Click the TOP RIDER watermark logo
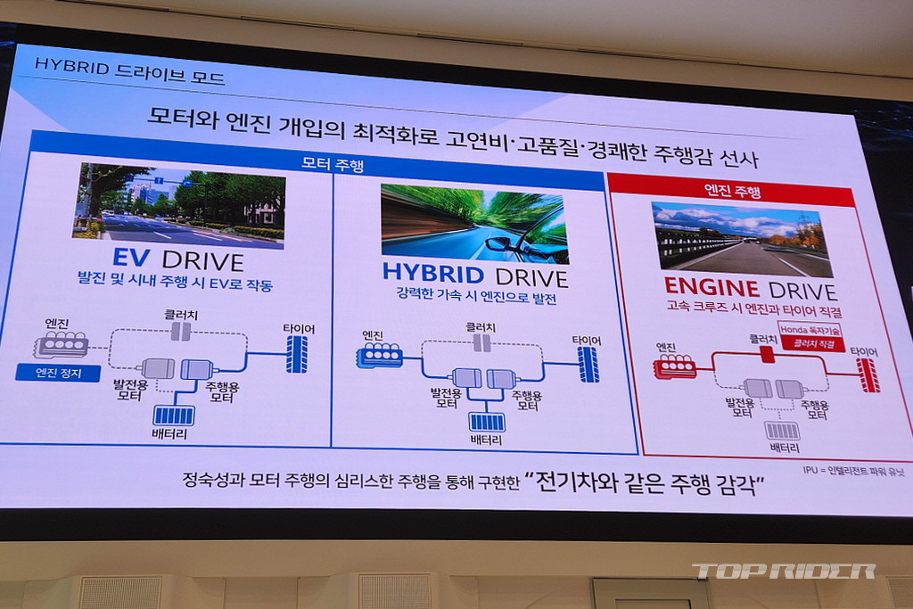784,572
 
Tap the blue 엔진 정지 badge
58,373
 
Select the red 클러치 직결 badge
814,343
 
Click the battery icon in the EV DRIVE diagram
174,416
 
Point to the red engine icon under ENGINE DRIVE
676,366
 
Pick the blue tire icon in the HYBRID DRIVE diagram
588,365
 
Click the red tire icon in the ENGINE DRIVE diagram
867,375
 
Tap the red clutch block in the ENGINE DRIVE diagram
768,354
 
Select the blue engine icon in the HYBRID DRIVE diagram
380,355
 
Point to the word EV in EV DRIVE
131,258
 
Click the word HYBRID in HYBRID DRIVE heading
433,273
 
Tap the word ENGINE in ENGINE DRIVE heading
711,286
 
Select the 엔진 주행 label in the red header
733,190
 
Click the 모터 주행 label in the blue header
333,163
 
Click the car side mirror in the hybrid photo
498,243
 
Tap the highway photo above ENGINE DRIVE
741,239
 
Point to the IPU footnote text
853,471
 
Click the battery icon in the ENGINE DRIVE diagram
782,431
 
